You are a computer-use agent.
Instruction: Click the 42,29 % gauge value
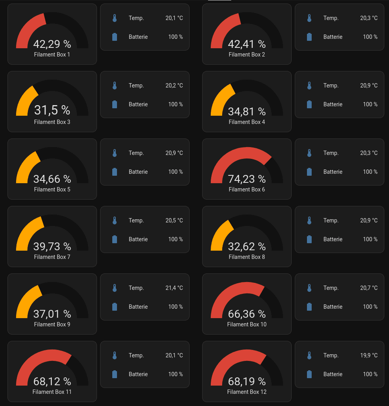(52, 44)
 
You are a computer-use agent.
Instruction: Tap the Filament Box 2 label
(247, 55)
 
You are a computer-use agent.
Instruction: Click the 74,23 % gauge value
(247, 179)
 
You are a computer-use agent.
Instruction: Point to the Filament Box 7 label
(52, 257)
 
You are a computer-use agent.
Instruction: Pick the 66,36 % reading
(247, 314)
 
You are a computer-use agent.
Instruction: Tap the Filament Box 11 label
(52, 392)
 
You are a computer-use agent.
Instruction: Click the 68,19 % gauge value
(247, 381)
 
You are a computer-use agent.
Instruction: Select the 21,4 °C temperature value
(174, 288)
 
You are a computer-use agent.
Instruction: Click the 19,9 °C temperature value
(369, 355)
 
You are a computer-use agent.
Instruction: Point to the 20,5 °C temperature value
(174, 220)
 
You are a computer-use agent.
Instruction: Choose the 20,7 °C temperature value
(369, 288)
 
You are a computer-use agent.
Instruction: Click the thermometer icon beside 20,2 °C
(115, 86)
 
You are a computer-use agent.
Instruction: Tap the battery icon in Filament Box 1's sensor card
(115, 37)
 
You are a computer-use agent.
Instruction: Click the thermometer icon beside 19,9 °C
(309, 355)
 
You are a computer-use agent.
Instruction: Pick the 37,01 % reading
(52, 314)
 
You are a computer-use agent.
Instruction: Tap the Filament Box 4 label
(247, 122)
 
